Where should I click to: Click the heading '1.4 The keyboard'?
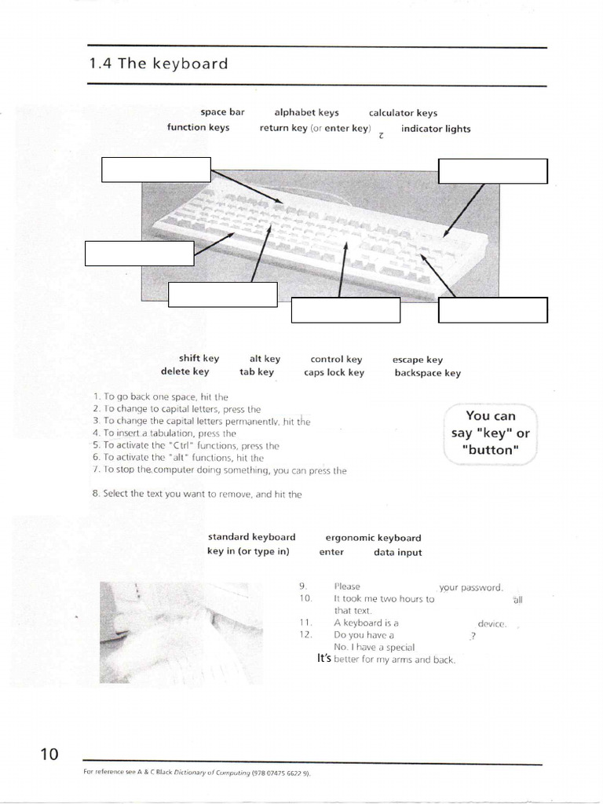[x=159, y=64]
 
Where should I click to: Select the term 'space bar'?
[x=222, y=112]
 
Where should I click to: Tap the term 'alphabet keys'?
[x=306, y=112]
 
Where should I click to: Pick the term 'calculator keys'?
[x=403, y=113]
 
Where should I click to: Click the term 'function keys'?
[x=198, y=127]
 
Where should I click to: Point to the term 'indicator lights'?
[x=436, y=129]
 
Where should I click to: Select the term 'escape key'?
[x=418, y=360]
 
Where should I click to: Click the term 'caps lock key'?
[x=334, y=373]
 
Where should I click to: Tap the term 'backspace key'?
[x=427, y=373]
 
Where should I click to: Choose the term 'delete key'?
[x=185, y=371]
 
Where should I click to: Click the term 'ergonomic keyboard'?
[x=373, y=538]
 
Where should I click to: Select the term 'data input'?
[x=397, y=552]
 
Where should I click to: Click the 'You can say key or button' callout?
[x=490, y=433]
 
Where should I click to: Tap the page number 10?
[x=49, y=755]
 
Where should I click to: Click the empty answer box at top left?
[x=156, y=169]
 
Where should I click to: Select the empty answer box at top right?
[x=492, y=170]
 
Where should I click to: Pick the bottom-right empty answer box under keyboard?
[x=492, y=310]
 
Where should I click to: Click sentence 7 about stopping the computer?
[x=220, y=470]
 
